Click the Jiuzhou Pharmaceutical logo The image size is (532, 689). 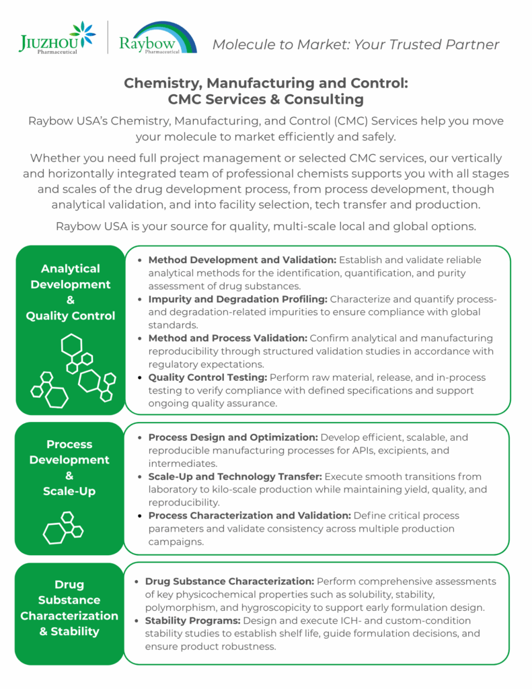pyautogui.click(x=57, y=38)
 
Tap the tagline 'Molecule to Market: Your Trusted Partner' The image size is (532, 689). pyautogui.click(x=356, y=45)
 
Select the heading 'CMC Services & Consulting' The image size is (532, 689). pyautogui.click(x=266, y=100)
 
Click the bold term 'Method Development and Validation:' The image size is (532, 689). pyautogui.click(x=242, y=260)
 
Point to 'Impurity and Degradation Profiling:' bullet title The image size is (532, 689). pyautogui.click(x=237, y=299)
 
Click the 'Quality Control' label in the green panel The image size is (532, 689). pyautogui.click(x=71, y=316)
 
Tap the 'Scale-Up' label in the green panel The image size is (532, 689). pyautogui.click(x=70, y=491)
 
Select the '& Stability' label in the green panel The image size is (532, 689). pyautogui.click(x=69, y=631)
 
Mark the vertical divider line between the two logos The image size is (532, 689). pyautogui.click(x=108, y=38)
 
